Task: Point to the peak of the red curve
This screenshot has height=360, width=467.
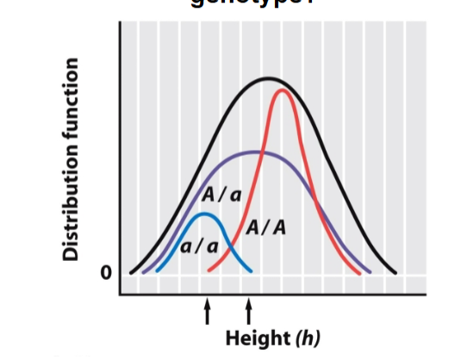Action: click(283, 90)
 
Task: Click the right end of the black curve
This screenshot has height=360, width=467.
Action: click(396, 272)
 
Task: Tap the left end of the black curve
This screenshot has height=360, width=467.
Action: click(131, 272)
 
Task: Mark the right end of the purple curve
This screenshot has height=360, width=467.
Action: click(370, 272)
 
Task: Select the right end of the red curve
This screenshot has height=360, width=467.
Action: click(360, 272)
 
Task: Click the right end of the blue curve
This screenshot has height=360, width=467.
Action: click(251, 271)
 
